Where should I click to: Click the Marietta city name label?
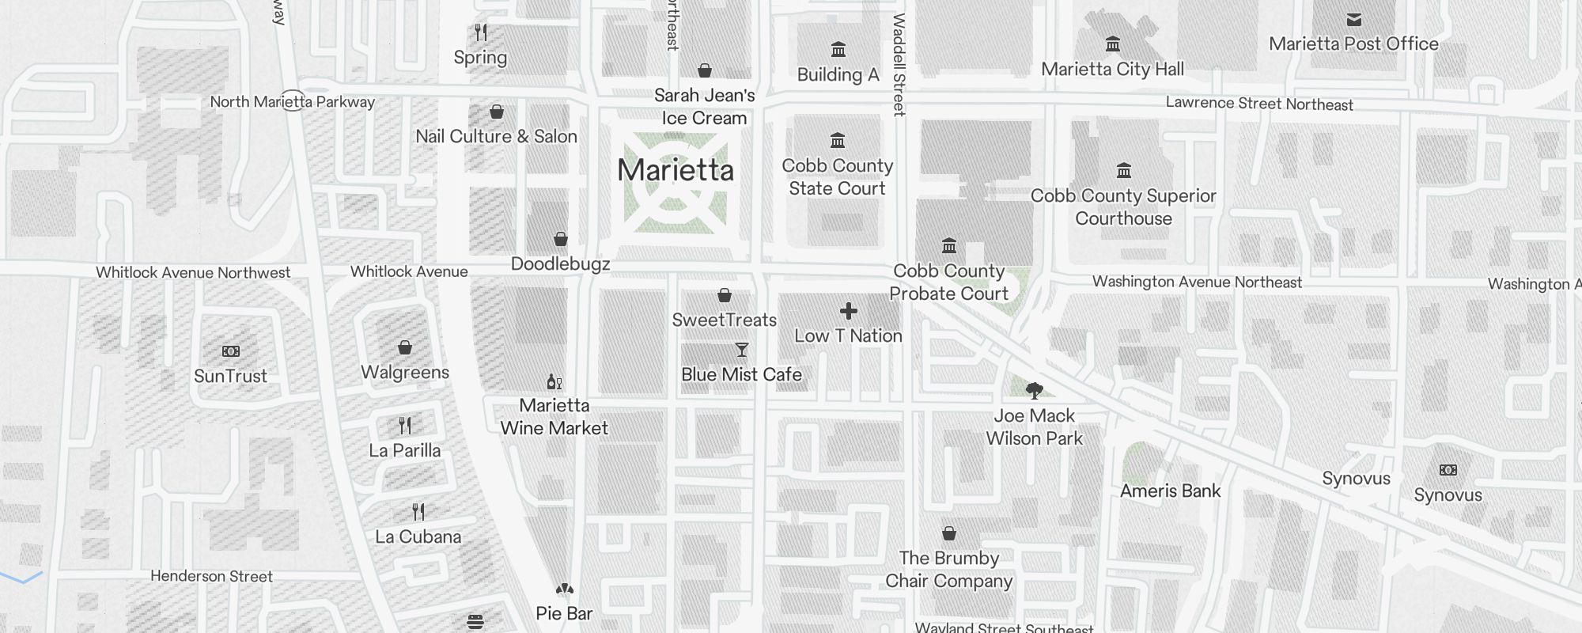[x=676, y=170]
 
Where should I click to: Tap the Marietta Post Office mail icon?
[x=1353, y=20]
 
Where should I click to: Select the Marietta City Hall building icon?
[x=1112, y=44]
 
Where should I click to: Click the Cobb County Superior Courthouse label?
[x=1123, y=207]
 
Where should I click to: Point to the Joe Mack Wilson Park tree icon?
[x=1034, y=390]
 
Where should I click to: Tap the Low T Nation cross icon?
[x=848, y=311]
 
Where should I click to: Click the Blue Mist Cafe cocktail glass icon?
[x=741, y=350]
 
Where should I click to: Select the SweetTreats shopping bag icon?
[x=724, y=295]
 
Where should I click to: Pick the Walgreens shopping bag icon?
[x=404, y=347]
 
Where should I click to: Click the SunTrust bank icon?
[x=230, y=351]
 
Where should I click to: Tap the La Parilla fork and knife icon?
[x=405, y=426]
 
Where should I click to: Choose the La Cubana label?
[x=418, y=536]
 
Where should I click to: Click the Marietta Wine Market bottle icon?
[x=554, y=382]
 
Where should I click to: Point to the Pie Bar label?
[x=564, y=613]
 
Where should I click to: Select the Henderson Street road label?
[x=211, y=576]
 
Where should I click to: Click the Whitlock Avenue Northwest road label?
[x=193, y=272]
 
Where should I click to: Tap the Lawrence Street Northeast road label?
[x=1259, y=104]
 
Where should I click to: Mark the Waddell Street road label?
[x=899, y=65]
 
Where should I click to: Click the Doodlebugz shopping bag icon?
[x=560, y=239]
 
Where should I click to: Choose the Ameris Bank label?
[x=1170, y=491]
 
